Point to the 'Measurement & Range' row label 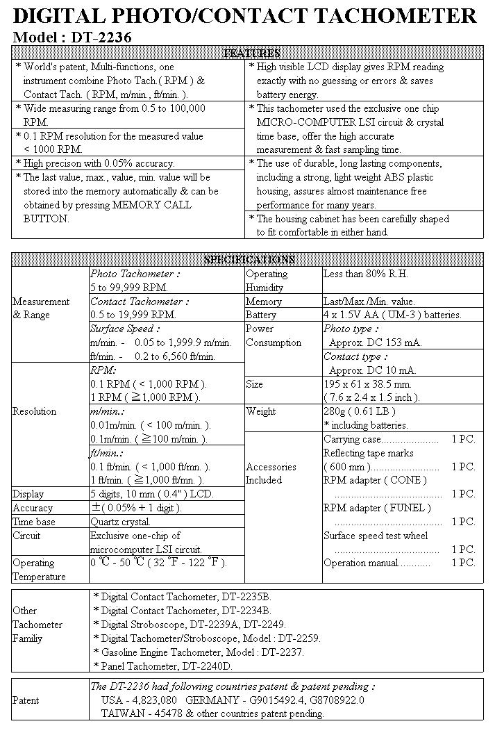point(41,308)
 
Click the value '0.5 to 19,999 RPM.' point(133,315)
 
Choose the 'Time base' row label point(34,522)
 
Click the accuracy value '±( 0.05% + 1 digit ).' point(136,508)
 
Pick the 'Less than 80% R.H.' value point(366,274)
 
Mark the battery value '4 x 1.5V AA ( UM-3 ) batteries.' point(392,315)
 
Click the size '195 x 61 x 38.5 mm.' point(367,383)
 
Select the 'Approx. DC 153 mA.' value point(375,343)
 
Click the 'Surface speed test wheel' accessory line point(376,536)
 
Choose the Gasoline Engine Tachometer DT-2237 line point(198,652)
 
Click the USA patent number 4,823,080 point(148,700)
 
